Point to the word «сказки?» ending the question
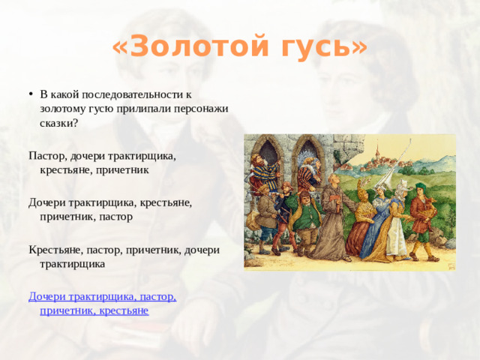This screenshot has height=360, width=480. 58,122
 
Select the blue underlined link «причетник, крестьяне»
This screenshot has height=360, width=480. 94,310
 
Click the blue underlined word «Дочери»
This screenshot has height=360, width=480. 47,296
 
